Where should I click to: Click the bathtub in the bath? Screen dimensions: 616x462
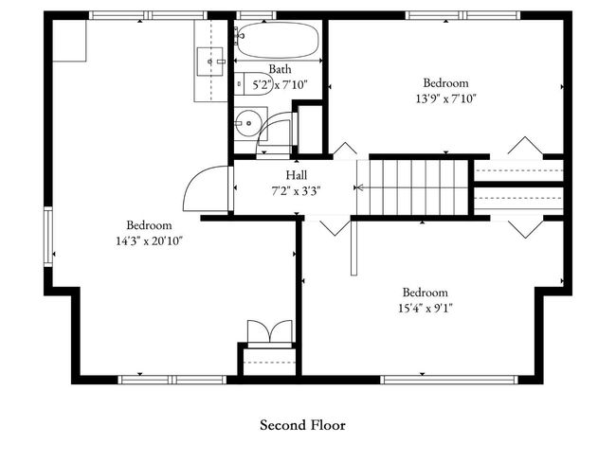pyautogui.click(x=277, y=39)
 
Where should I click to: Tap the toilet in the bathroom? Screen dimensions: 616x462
pyautogui.click(x=254, y=83)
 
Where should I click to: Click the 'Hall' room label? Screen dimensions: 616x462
pyautogui.click(x=297, y=175)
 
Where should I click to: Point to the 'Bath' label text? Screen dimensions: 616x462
pyautogui.click(x=280, y=69)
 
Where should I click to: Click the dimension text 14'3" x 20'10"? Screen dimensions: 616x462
pyautogui.click(x=150, y=240)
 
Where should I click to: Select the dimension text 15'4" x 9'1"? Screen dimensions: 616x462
pyautogui.click(x=426, y=308)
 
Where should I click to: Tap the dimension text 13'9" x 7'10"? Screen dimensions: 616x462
pyautogui.click(x=446, y=98)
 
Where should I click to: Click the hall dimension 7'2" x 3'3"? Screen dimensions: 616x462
pyautogui.click(x=297, y=191)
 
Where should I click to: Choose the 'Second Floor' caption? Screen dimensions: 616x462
pyautogui.click(x=302, y=425)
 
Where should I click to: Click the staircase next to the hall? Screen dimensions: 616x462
pyautogui.click(x=418, y=187)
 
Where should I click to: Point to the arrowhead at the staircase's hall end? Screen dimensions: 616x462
pyautogui.click(x=356, y=187)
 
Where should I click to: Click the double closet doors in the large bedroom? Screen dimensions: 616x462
pyautogui.click(x=270, y=333)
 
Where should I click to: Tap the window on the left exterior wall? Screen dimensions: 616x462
pyautogui.click(x=48, y=237)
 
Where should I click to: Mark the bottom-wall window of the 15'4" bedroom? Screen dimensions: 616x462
pyautogui.click(x=449, y=380)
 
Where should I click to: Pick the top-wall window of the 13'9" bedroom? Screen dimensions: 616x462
pyautogui.click(x=462, y=15)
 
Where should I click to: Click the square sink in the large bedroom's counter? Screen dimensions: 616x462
pyautogui.click(x=210, y=62)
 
